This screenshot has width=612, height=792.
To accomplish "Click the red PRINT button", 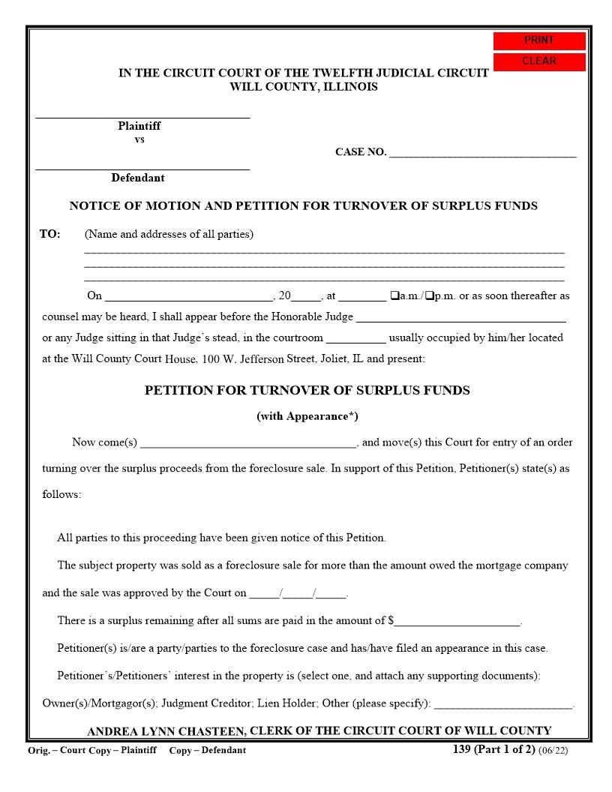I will [x=538, y=40].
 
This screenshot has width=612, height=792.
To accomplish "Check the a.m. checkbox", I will [x=394, y=295].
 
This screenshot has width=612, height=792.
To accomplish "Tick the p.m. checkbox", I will [x=429, y=295].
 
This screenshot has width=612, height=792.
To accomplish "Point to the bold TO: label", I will [x=50, y=234].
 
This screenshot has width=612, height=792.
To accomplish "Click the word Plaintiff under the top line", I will [x=139, y=126].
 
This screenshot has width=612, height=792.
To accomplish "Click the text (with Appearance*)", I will [x=303, y=416].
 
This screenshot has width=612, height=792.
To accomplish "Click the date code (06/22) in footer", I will [x=553, y=750].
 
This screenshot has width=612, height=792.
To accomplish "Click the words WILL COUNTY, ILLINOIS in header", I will [x=304, y=86].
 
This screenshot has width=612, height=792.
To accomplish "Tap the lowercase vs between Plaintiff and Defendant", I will [x=139, y=139].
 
